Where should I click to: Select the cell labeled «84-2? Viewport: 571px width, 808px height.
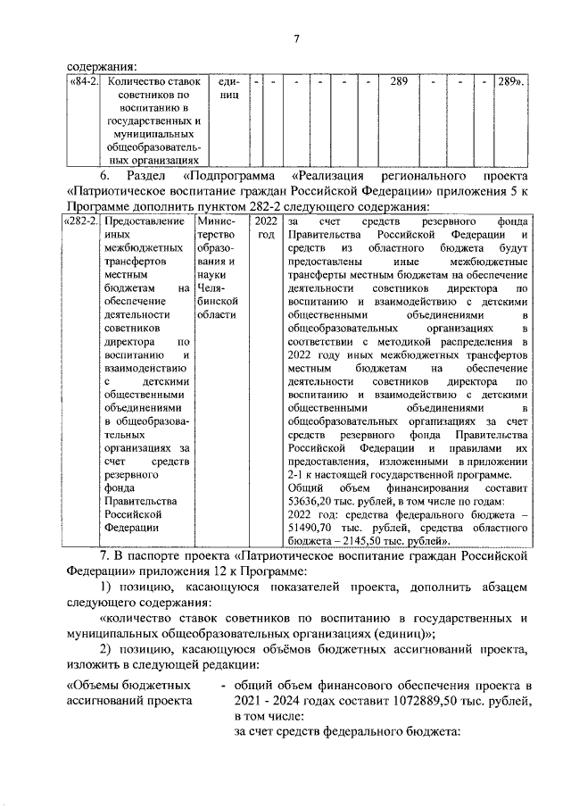[x=84, y=82]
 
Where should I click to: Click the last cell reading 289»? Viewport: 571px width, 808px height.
[x=510, y=82]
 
